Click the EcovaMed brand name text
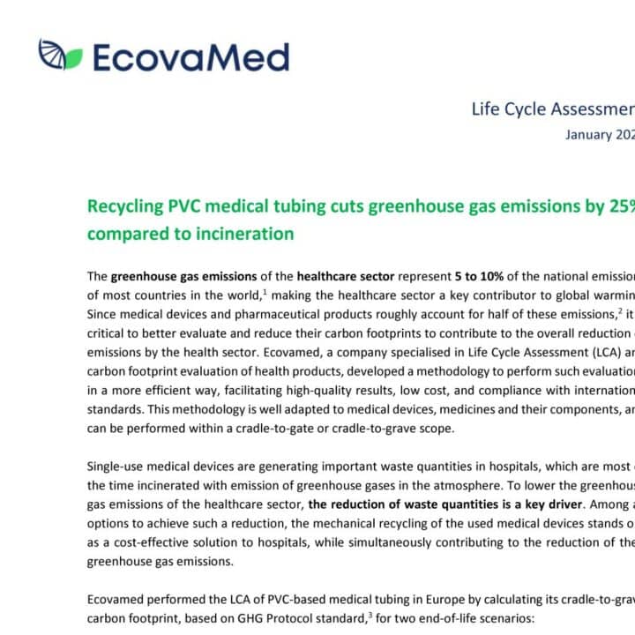(190, 57)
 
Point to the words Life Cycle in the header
(509, 109)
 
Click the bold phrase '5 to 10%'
(482, 276)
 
